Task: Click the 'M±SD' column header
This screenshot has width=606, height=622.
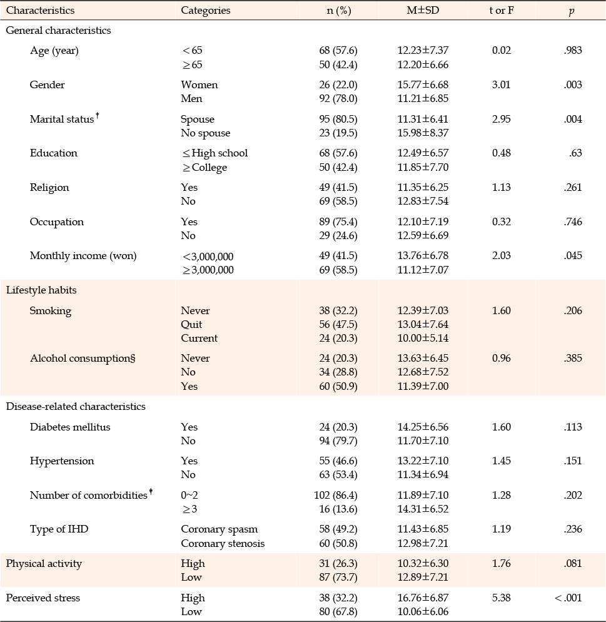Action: pos(423,10)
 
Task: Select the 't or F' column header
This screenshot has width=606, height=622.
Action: pos(502,10)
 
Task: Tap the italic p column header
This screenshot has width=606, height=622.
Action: pos(571,11)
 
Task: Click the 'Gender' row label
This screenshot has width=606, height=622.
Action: pos(47,84)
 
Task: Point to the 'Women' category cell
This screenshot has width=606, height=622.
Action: pos(199,84)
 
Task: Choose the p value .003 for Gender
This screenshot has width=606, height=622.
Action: pos(573,84)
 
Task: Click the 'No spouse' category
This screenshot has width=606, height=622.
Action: pos(205,133)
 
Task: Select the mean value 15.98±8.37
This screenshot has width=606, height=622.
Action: pos(423,133)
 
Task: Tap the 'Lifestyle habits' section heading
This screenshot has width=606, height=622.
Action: pos(41,290)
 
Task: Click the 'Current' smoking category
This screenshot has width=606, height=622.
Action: pos(199,338)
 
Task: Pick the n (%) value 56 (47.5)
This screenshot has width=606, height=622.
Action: pos(338,324)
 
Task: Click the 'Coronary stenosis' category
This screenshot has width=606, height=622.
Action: pos(223,543)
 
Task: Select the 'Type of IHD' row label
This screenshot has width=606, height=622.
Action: pos(59,529)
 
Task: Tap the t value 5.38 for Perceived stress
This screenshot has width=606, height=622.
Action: pos(502,598)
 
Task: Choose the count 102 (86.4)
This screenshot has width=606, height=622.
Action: pos(336,495)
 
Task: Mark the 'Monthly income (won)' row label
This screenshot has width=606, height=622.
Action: pos(83,255)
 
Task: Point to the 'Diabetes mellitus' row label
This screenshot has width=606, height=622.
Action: pos(70,427)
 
